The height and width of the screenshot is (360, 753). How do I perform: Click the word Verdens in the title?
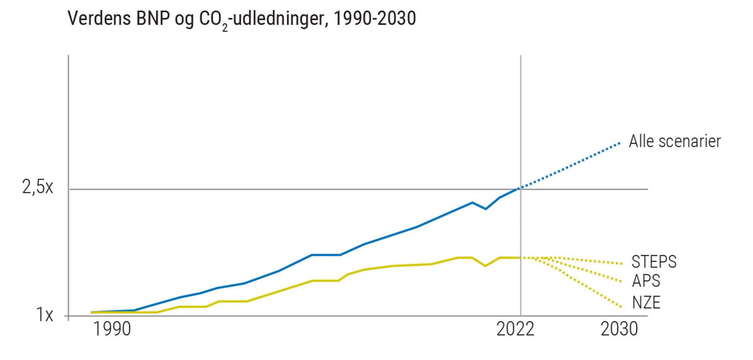point(99,18)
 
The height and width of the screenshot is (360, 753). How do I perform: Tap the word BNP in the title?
point(153,18)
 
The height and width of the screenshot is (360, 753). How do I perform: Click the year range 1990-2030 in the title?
point(375,18)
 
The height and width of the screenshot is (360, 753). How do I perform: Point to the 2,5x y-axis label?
point(38,187)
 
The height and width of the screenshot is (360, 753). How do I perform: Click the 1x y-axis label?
point(44,314)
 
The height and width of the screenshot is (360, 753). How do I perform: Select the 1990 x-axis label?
point(112,329)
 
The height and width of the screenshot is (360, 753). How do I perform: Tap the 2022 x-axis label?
point(515,329)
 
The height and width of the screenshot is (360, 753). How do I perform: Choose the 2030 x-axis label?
point(619,329)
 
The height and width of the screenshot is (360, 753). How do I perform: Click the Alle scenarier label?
point(675,142)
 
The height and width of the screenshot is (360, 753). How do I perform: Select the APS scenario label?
point(646,281)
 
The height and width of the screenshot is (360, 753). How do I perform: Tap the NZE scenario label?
point(646,302)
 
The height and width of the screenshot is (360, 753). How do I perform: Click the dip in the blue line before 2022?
point(486,209)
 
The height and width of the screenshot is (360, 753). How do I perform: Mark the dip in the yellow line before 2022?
point(485,265)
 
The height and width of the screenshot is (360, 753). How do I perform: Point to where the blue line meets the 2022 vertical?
point(521,188)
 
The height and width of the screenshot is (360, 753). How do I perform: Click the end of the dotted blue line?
point(619,143)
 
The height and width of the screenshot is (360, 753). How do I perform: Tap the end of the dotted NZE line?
point(621,307)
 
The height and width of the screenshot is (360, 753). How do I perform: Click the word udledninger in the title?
point(279,18)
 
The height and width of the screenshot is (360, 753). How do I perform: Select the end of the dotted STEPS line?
point(622,263)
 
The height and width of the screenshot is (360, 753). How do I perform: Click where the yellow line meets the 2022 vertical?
point(521,258)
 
